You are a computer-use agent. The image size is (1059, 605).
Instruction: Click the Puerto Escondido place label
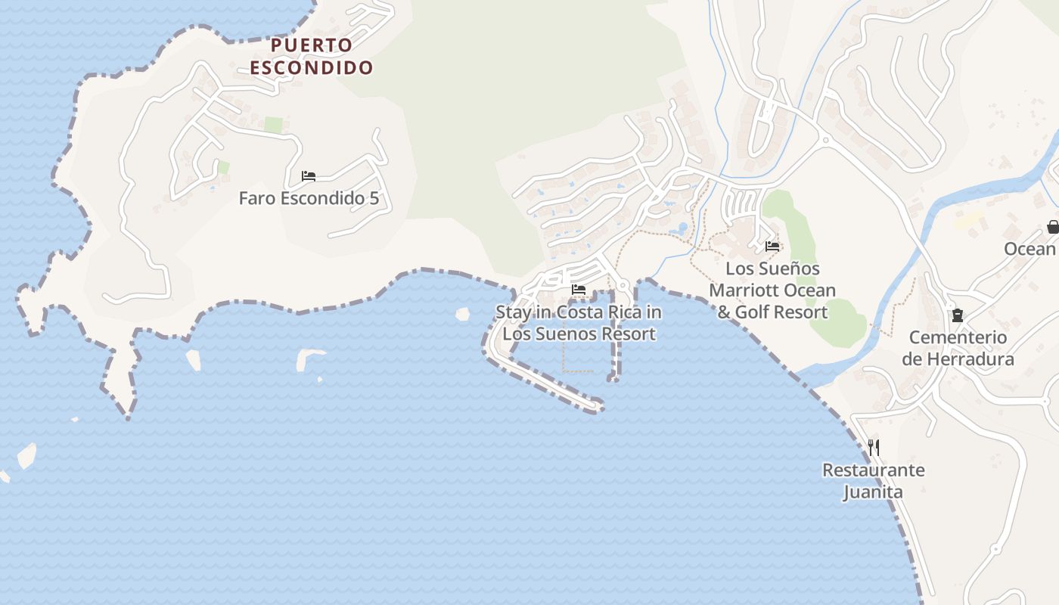[312, 57]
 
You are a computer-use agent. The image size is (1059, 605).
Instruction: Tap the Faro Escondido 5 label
[309, 199]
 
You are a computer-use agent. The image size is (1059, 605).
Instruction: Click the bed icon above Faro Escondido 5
[309, 176]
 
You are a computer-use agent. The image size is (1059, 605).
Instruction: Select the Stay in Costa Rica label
[579, 312]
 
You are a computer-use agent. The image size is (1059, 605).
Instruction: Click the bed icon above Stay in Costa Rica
[579, 290]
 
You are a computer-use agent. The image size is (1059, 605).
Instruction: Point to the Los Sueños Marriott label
[772, 290]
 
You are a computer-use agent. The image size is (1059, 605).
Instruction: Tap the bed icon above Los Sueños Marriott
[772, 247]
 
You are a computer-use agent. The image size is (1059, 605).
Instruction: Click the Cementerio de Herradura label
[958, 348]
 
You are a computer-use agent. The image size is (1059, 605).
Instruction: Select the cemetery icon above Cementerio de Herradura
[958, 315]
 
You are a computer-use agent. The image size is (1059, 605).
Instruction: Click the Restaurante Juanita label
[874, 481]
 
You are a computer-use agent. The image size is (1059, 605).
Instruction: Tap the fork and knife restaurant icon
[874, 448]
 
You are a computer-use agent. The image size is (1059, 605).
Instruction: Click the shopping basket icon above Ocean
[1052, 226]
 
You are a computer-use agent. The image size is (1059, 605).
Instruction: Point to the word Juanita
[874, 492]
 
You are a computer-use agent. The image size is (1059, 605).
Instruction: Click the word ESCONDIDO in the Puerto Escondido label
[312, 68]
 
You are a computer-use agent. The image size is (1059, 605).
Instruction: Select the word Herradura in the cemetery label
[968, 359]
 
